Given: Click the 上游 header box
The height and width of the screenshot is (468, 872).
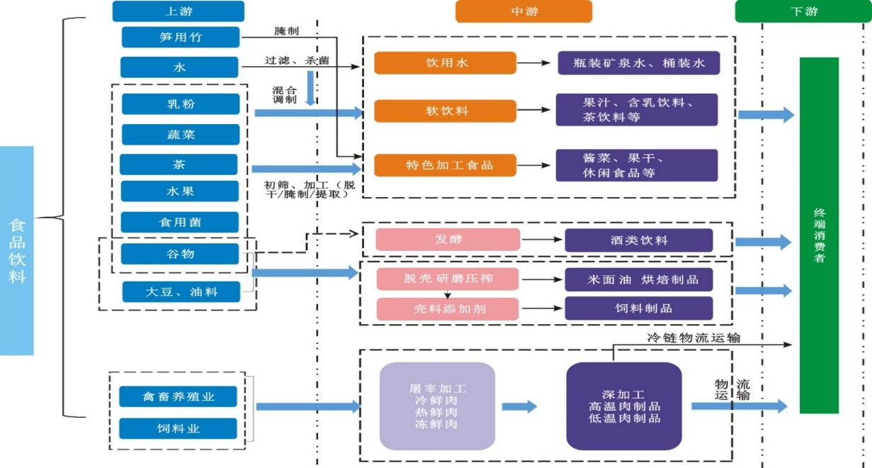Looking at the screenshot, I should click(178, 11).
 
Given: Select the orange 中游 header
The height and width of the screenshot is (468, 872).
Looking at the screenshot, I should click(523, 11).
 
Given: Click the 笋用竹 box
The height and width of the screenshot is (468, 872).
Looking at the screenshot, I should click(180, 37).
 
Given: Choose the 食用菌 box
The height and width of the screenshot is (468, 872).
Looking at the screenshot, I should click(179, 222).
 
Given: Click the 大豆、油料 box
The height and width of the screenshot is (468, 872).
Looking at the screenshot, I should click(180, 291).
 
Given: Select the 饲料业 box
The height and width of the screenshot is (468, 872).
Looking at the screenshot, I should click(178, 428).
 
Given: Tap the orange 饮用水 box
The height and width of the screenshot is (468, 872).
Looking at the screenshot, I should click(445, 63).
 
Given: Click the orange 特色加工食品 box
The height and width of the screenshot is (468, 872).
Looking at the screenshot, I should click(445, 165).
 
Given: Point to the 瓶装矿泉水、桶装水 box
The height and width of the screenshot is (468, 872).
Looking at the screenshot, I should click(638, 63).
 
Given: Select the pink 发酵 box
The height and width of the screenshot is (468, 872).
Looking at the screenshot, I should click(447, 240).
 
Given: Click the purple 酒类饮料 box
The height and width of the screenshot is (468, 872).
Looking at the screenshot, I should click(638, 240).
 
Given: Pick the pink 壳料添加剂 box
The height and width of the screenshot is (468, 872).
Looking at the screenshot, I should click(447, 308).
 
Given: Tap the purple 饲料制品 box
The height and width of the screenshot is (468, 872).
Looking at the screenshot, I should click(638, 308).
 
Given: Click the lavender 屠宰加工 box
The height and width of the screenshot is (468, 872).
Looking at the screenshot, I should click(437, 406).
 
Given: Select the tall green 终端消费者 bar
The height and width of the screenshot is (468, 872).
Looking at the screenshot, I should click(819, 235).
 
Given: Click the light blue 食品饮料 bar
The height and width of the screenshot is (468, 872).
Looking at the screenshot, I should click(17, 250).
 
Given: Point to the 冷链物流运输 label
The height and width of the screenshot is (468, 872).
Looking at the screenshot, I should click(694, 338).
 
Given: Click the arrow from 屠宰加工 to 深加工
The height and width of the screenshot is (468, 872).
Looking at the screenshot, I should click(519, 406).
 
